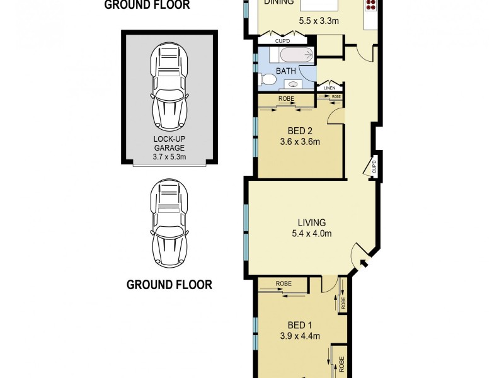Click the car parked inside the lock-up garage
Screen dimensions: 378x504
169,88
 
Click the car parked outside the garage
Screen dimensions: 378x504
169,224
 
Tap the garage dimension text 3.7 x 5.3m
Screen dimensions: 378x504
169,157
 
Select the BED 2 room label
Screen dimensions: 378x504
300,131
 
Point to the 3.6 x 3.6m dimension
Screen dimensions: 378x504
300,141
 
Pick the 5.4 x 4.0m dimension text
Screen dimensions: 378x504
311,233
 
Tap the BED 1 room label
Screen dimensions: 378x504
300,325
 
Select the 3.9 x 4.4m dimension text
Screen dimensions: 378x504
300,336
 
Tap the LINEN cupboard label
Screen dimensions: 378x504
330,88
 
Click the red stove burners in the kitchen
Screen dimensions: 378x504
370,4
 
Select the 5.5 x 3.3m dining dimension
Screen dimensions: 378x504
318,20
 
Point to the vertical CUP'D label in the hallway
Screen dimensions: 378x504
374,166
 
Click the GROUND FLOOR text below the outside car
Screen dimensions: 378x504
169,284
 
